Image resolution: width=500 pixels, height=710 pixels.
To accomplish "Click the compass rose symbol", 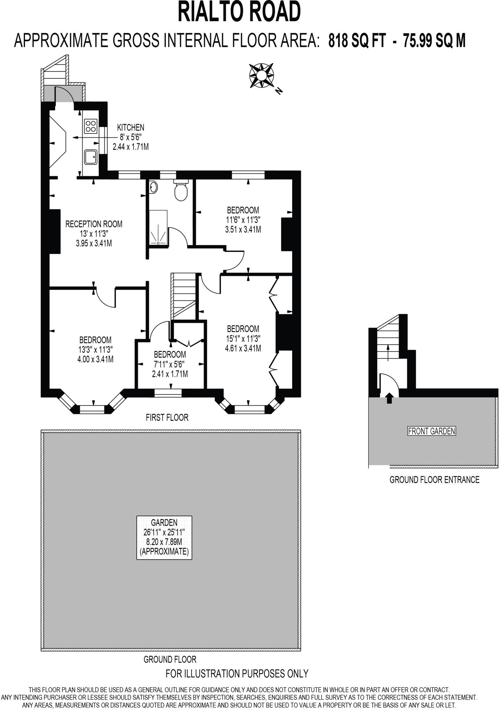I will (262, 75).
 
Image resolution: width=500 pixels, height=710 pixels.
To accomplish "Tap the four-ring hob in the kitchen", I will (91, 126).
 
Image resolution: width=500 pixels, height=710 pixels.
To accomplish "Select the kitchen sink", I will (91, 157).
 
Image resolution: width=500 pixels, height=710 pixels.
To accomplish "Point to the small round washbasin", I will (154, 188).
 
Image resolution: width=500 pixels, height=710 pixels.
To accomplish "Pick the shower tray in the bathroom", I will (158, 227).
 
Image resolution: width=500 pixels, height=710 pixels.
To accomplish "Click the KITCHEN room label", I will (130, 128).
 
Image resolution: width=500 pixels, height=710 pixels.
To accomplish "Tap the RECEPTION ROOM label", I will (94, 224).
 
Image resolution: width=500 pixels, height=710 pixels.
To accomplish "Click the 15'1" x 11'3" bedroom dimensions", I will (243, 338).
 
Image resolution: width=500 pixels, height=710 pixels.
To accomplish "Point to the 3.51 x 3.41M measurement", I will (243, 230).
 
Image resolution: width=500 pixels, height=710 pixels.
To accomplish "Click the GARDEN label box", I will (164, 537).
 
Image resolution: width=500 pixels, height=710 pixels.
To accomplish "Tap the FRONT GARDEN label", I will (431, 431).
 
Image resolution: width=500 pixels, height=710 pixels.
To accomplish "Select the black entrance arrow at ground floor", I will (389, 398).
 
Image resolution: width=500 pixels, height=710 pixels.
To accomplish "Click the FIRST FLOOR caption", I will (167, 418).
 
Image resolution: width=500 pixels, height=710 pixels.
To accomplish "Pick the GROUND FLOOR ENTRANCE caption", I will (434, 480).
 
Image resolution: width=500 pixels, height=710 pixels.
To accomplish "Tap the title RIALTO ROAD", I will (239, 12).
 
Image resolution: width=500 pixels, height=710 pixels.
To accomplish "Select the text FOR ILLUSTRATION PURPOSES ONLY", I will (237, 674).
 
